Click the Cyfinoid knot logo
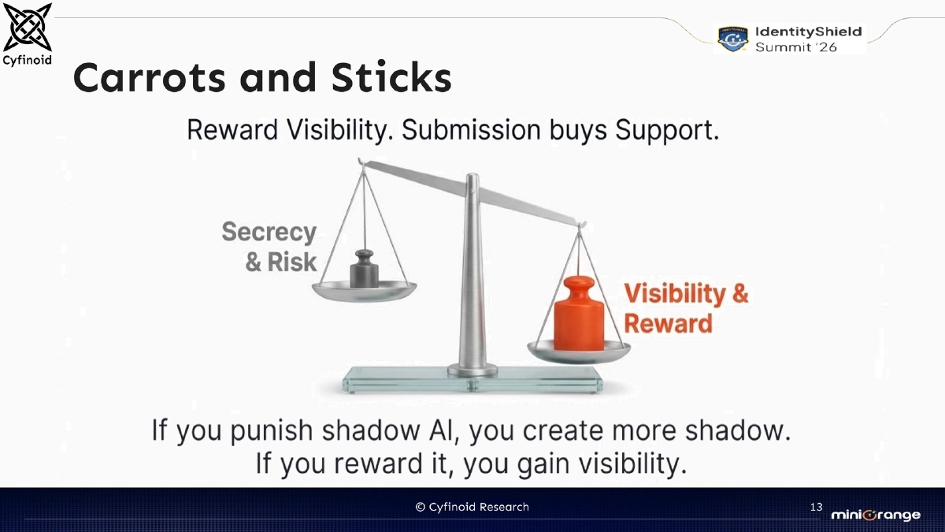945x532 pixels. coord(28,28)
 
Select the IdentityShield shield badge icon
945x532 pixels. coord(732,39)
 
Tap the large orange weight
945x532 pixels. coord(579,313)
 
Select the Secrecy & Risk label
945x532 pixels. coord(270,247)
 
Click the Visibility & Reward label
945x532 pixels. coord(686,308)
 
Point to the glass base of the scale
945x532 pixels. coord(472,383)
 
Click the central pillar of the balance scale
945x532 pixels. coord(472,276)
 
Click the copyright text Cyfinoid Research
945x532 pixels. coord(472,507)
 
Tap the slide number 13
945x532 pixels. coord(816,506)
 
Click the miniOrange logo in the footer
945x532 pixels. coord(875,515)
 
